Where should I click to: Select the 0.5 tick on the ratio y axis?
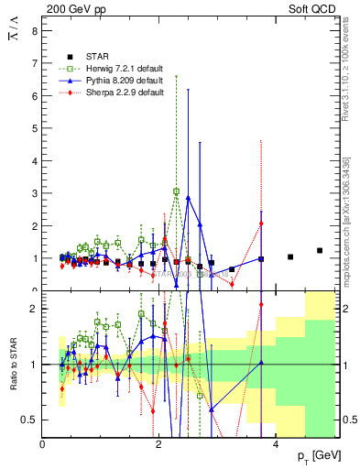pyautogui.click(x=30, y=420)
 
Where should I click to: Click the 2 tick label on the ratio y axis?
pyautogui.click(x=35, y=309)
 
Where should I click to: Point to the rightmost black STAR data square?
pyautogui.click(x=320, y=250)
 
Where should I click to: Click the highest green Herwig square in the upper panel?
pyautogui.click(x=177, y=191)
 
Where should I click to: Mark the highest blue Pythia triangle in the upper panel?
pyautogui.click(x=188, y=197)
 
